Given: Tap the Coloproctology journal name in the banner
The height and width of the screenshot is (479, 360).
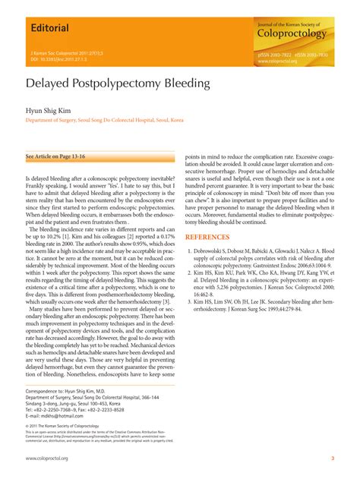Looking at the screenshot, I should point(292,33).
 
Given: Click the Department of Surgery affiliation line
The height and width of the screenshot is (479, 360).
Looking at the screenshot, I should point(105,120).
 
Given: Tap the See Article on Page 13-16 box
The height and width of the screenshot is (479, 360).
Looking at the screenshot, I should point(57,156).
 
